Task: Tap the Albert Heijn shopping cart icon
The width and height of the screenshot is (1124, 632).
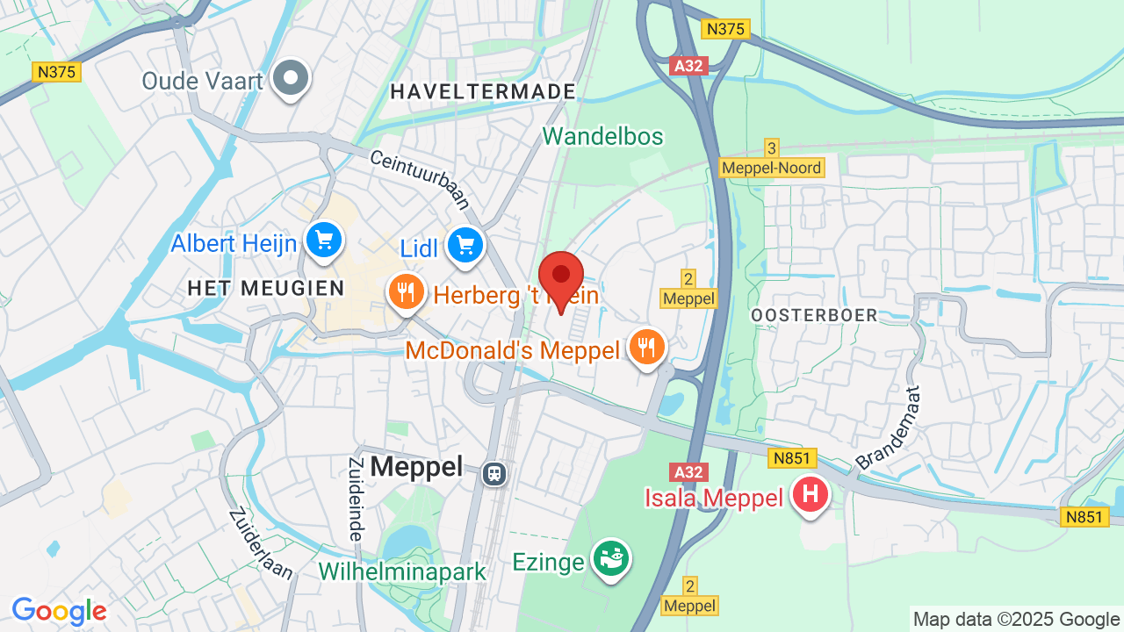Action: [323, 239]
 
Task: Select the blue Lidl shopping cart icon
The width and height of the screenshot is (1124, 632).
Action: [465, 245]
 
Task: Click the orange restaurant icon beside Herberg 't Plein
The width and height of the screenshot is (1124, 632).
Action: [406, 291]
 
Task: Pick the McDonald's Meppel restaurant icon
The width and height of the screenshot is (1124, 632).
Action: [646, 347]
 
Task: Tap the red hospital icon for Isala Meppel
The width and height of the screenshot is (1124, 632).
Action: [810, 494]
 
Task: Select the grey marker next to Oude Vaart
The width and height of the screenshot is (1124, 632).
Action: [291, 79]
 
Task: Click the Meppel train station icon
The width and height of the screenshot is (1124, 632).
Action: [494, 473]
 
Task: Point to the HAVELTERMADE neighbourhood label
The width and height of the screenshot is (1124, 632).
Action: [483, 91]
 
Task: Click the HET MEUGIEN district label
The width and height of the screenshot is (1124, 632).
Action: [265, 287]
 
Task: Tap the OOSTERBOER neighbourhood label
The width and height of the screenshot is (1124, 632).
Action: [814, 315]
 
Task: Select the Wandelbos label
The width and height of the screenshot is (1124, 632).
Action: [602, 136]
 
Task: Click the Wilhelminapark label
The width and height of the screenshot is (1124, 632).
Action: [402, 571]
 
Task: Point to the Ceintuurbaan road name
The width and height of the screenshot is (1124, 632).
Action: [420, 179]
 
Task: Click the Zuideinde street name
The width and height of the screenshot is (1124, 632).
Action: [356, 499]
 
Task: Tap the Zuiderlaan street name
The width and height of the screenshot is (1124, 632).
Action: [261, 543]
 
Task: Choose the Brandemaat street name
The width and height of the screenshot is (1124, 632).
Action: [888, 428]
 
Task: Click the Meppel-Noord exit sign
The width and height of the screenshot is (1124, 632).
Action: [772, 168]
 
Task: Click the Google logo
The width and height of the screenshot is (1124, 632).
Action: [59, 611]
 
